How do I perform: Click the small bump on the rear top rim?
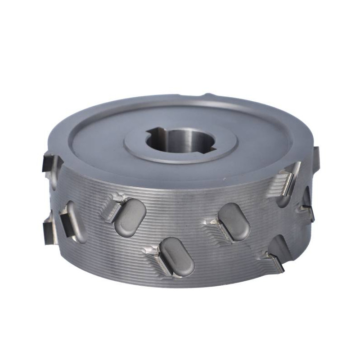tap(208, 96)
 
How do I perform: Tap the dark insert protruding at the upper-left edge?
tap(49, 163)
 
